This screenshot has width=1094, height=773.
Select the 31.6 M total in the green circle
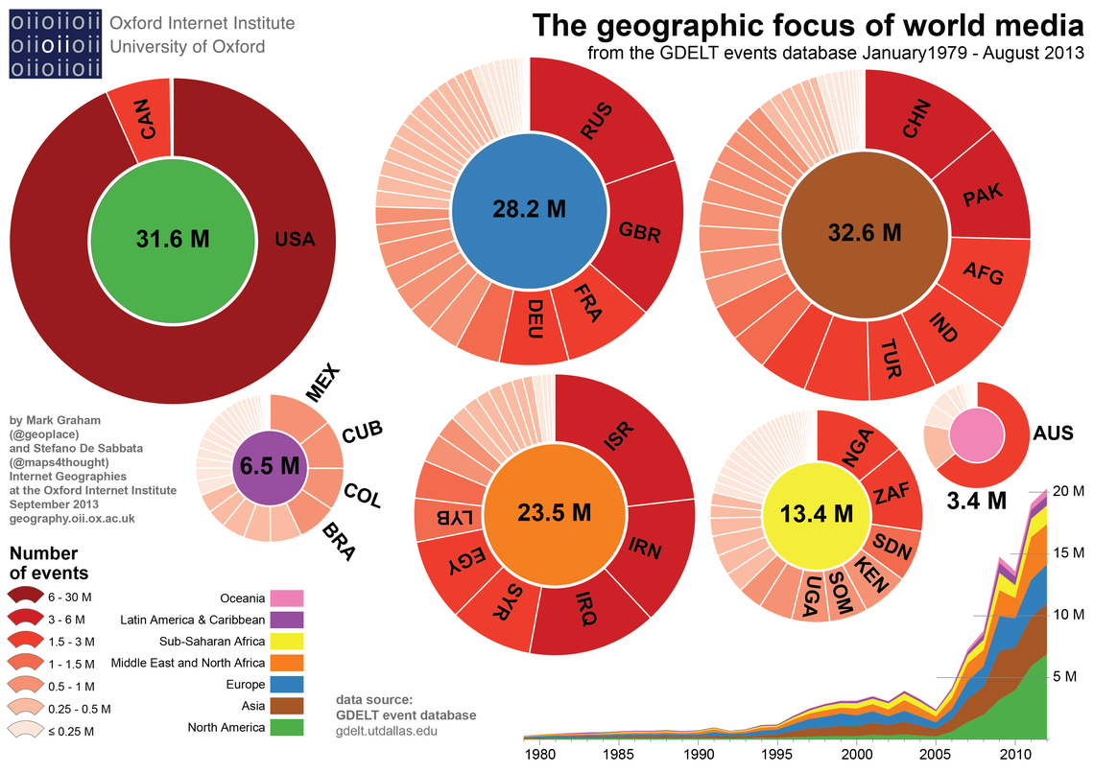pyautogui.click(x=173, y=239)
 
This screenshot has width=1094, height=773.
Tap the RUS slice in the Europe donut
pyautogui.click(x=597, y=122)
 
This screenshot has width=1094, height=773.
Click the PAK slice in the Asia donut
pyautogui.click(x=982, y=196)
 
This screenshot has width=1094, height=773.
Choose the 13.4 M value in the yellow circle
pyautogui.click(x=817, y=514)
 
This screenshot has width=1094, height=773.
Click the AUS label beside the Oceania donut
pyautogui.click(x=1053, y=433)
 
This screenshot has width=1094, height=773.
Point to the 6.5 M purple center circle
pyautogui.click(x=270, y=467)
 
